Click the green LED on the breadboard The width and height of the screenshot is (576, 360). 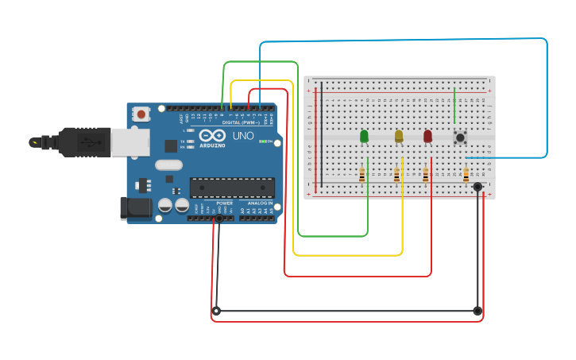coord(364,137)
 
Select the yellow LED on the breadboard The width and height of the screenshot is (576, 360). coord(399,137)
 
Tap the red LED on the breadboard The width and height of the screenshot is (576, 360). coord(427,137)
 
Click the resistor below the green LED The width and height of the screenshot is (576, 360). coord(362,176)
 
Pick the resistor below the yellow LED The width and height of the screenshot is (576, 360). coord(396,176)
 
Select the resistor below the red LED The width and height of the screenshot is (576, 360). coord(425,176)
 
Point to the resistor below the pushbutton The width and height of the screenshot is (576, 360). coord(466,174)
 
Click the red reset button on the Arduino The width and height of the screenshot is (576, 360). coord(141,114)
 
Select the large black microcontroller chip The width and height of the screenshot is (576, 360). coord(232,188)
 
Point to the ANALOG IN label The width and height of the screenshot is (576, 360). coord(259,203)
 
